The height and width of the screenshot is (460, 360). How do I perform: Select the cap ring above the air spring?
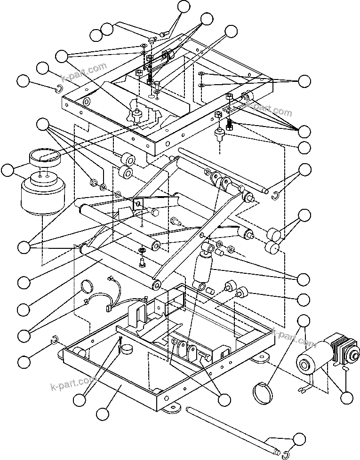(45, 156)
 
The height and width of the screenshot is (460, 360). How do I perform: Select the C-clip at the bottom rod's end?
(286, 453)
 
